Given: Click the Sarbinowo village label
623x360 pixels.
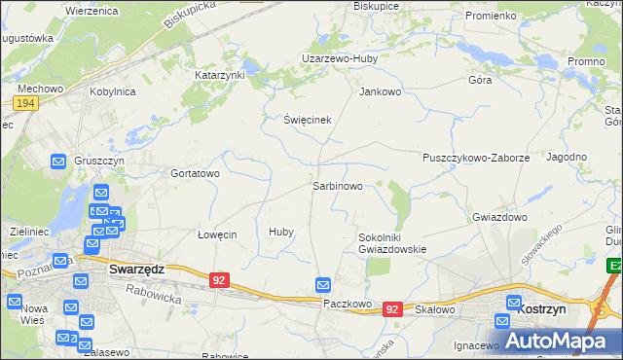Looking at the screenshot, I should [338, 185].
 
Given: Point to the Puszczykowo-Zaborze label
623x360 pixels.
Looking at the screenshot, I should [476, 158].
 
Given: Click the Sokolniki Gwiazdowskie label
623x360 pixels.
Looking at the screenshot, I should [392, 242].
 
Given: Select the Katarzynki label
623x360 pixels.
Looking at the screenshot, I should [220, 74].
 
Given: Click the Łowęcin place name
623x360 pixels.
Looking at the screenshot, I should [217, 234].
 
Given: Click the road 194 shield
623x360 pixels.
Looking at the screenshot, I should [26, 102].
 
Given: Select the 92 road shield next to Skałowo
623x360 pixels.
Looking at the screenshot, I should [392, 308].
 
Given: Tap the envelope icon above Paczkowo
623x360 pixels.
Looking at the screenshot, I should [324, 284].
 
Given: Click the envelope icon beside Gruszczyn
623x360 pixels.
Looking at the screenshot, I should [58, 162].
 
